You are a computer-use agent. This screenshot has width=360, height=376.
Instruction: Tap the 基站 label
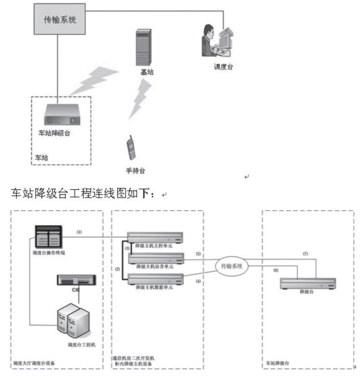coord(147,72)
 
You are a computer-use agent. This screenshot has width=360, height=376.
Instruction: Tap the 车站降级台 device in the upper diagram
coord(62,116)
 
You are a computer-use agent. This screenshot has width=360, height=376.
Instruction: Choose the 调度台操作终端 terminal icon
coord(49,237)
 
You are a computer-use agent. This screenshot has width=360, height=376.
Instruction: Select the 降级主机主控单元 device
coord(156,237)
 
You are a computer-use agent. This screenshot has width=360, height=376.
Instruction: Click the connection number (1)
coord(80,232)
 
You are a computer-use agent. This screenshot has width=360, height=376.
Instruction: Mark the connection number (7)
coord(305,254)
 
